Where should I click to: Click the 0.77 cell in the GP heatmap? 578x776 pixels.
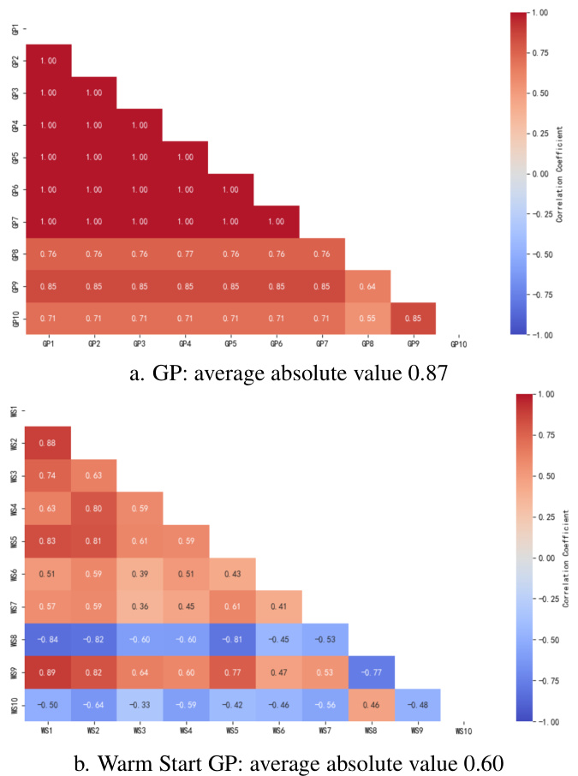pos(185,254)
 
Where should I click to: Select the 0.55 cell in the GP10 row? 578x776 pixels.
pos(368,318)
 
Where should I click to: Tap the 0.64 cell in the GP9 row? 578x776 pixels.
pos(368,286)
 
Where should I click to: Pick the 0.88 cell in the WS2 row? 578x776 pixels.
pos(48,443)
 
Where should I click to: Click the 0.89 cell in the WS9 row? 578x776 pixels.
pos(48,672)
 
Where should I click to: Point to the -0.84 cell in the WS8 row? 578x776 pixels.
pos(48,639)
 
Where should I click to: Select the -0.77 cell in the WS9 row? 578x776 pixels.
pos(371,672)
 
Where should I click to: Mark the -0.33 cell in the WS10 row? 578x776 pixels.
pos(140,705)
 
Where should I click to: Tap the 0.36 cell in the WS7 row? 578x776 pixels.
pos(140,606)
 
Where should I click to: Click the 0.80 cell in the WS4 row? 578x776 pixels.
pos(94,508)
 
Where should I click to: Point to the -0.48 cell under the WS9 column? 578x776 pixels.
pos(417,705)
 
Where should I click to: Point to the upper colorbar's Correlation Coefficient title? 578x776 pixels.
pos(559,173)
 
